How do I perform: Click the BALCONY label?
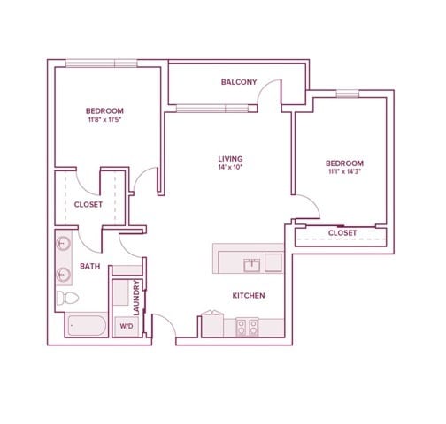[239, 82]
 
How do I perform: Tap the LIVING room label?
[230, 159]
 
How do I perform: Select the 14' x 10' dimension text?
[230, 168]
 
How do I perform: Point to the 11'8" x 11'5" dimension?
[104, 119]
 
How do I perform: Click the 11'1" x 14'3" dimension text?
[344, 171]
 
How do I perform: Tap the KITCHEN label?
[249, 296]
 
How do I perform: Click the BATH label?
[90, 266]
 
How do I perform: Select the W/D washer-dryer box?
[127, 326]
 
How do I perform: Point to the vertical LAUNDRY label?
[136, 298]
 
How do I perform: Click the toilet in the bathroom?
[67, 298]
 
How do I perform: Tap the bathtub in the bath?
[87, 325]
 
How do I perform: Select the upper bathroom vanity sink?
[63, 244]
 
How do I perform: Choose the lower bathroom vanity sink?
[63, 274]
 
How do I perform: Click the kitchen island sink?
[252, 265]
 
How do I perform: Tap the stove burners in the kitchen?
[247, 327]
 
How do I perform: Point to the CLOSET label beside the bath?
[88, 205]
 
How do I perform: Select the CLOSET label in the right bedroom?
[342, 233]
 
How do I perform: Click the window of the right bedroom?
[348, 94]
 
